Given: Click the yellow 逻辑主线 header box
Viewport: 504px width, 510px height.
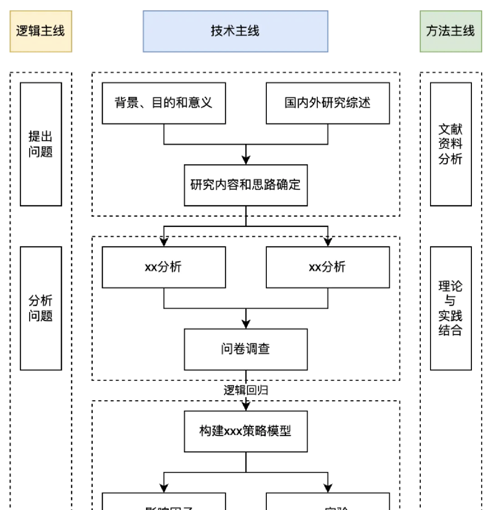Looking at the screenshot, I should point(41,31).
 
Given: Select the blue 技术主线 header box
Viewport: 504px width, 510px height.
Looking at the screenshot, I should point(235,31).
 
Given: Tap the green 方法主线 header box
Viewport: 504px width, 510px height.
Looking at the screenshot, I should point(450,31).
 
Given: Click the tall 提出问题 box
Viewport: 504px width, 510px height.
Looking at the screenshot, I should point(41,144).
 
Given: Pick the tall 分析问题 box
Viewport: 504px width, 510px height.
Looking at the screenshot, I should point(41,308).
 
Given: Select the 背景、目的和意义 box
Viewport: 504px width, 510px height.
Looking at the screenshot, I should point(164,103).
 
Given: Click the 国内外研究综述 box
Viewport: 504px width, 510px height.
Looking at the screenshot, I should point(327,103).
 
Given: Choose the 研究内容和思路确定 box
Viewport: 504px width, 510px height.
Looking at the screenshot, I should point(246,185).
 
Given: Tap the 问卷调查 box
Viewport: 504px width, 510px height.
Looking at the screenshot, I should point(246,349).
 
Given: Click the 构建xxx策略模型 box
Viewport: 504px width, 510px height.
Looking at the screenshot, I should point(246,431).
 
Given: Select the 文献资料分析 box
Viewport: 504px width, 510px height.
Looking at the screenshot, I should point(450,144).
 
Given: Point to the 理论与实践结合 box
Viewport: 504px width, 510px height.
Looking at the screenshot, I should point(450,308).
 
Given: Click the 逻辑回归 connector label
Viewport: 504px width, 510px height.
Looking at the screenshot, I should point(246,391).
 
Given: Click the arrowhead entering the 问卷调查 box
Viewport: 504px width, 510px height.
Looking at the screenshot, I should point(246,325).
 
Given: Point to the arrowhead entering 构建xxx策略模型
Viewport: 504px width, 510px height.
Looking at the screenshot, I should point(246,407).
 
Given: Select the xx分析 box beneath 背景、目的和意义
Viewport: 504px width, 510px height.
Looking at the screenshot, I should point(164,267).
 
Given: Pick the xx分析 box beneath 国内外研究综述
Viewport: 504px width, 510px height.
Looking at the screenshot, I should point(327,267).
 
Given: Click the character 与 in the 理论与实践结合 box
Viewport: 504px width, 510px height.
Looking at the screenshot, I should point(450,301).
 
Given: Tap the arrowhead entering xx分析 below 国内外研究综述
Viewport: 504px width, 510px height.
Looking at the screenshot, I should point(327,243).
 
